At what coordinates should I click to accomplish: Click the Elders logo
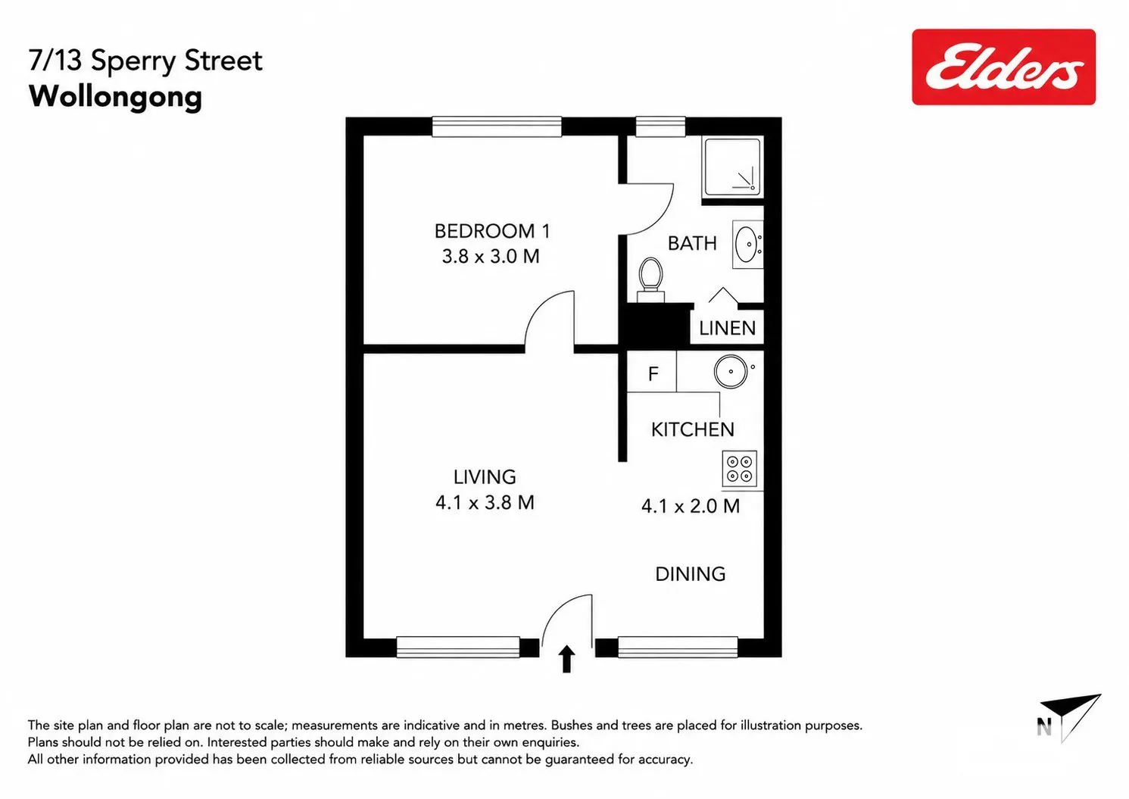pyautogui.click(x=1003, y=67)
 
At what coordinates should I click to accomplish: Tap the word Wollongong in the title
pyautogui.click(x=115, y=97)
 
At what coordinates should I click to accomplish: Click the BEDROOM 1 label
pyautogui.click(x=492, y=231)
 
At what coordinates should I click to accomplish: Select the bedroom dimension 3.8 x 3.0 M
pyautogui.click(x=491, y=256)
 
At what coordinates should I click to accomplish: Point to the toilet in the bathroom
pyautogui.click(x=650, y=280)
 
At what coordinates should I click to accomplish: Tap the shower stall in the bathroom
pyautogui.click(x=731, y=167)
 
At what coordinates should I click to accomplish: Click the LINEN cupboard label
pyautogui.click(x=727, y=328)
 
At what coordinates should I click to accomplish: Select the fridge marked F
pyautogui.click(x=652, y=372)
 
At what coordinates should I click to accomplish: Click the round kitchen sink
pyautogui.click(x=731, y=372)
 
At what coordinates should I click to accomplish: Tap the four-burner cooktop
pyautogui.click(x=740, y=469)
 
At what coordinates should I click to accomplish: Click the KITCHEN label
pyautogui.click(x=693, y=429)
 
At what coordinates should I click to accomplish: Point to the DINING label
pyautogui.click(x=691, y=573)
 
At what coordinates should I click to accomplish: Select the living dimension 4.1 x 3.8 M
pyautogui.click(x=485, y=503)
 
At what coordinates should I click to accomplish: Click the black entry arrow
pyautogui.click(x=566, y=659)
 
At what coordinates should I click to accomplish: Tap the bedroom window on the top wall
pyautogui.click(x=497, y=126)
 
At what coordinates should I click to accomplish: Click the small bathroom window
pyautogui.click(x=660, y=126)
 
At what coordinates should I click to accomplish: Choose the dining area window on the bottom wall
pyautogui.click(x=678, y=648)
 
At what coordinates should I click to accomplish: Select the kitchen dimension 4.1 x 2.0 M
pyautogui.click(x=691, y=506)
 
